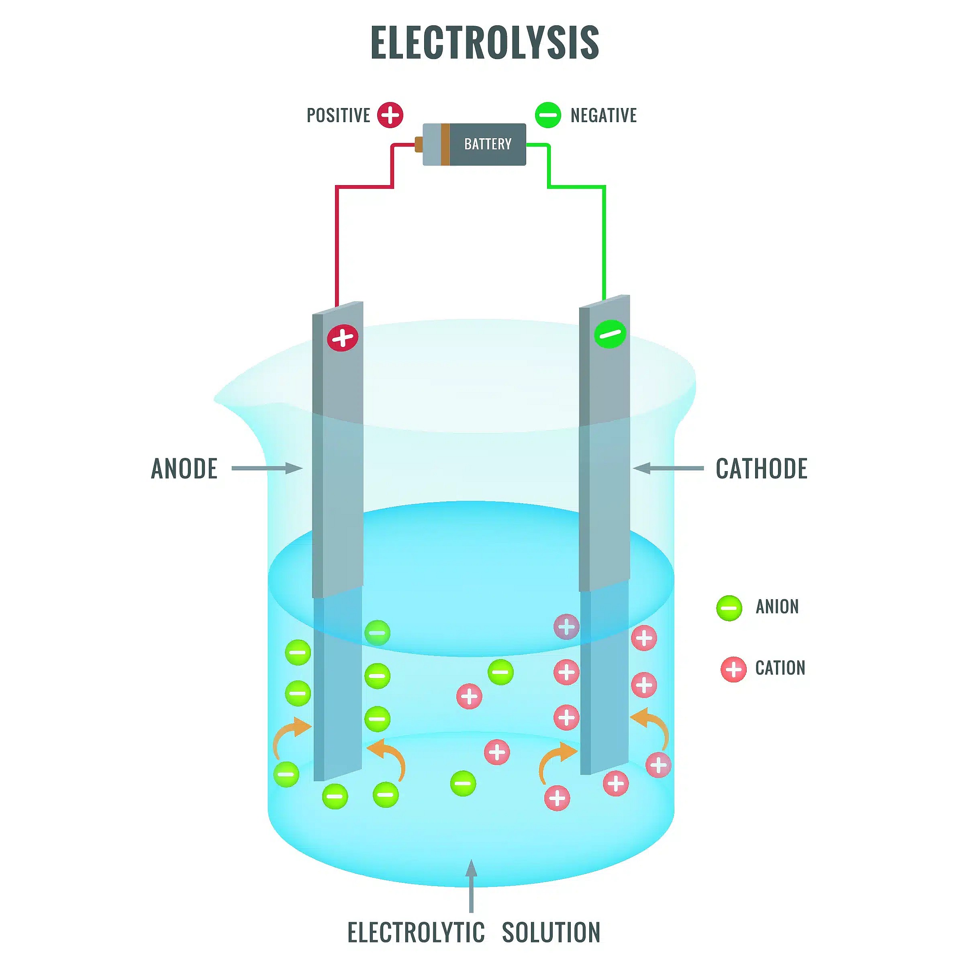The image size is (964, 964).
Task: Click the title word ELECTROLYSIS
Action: [484, 43]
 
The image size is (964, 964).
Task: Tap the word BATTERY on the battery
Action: [488, 144]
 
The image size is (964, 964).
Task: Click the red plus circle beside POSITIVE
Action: [390, 115]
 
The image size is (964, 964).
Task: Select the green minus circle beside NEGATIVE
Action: [548, 115]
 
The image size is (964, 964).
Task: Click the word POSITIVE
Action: [338, 115]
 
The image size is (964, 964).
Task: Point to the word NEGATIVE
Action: [603, 115]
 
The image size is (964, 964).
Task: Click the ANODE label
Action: [184, 468]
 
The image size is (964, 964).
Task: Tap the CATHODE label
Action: [762, 468]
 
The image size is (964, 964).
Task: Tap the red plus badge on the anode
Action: [343, 338]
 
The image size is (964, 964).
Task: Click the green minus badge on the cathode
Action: [610, 333]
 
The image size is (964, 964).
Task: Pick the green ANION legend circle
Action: [729, 608]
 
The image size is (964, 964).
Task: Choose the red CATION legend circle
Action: [733, 669]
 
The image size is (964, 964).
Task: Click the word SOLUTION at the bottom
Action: [551, 933]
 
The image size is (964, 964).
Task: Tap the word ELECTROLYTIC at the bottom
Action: [416, 933]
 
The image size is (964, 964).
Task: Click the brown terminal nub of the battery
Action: [419, 144]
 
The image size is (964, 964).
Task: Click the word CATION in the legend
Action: [780, 668]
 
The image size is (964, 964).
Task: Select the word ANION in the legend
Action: [777, 607]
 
